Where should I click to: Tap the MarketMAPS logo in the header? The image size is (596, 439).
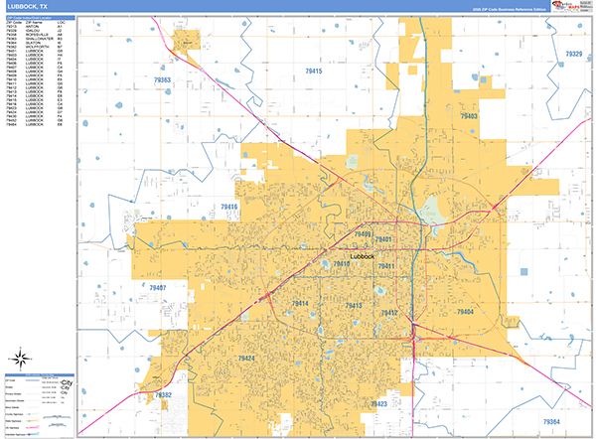tap(572, 6)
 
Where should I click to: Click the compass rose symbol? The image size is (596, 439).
tap(20, 359)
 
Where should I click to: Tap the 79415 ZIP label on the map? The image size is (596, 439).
tap(313, 72)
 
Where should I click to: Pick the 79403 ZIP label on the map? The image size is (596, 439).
tap(468, 116)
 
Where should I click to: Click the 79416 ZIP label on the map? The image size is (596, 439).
tap(229, 207)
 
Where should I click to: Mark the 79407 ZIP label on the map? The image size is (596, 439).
tap(154, 287)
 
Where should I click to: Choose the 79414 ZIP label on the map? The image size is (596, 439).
tap(300, 303)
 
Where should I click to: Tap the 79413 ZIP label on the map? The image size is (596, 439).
tap(352, 306)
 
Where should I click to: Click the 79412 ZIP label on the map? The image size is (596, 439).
tap(388, 313)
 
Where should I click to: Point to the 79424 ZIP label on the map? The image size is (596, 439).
tap(246, 358)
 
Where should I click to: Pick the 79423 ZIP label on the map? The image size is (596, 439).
tap(377, 404)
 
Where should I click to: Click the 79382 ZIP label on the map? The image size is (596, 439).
tap(163, 395)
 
